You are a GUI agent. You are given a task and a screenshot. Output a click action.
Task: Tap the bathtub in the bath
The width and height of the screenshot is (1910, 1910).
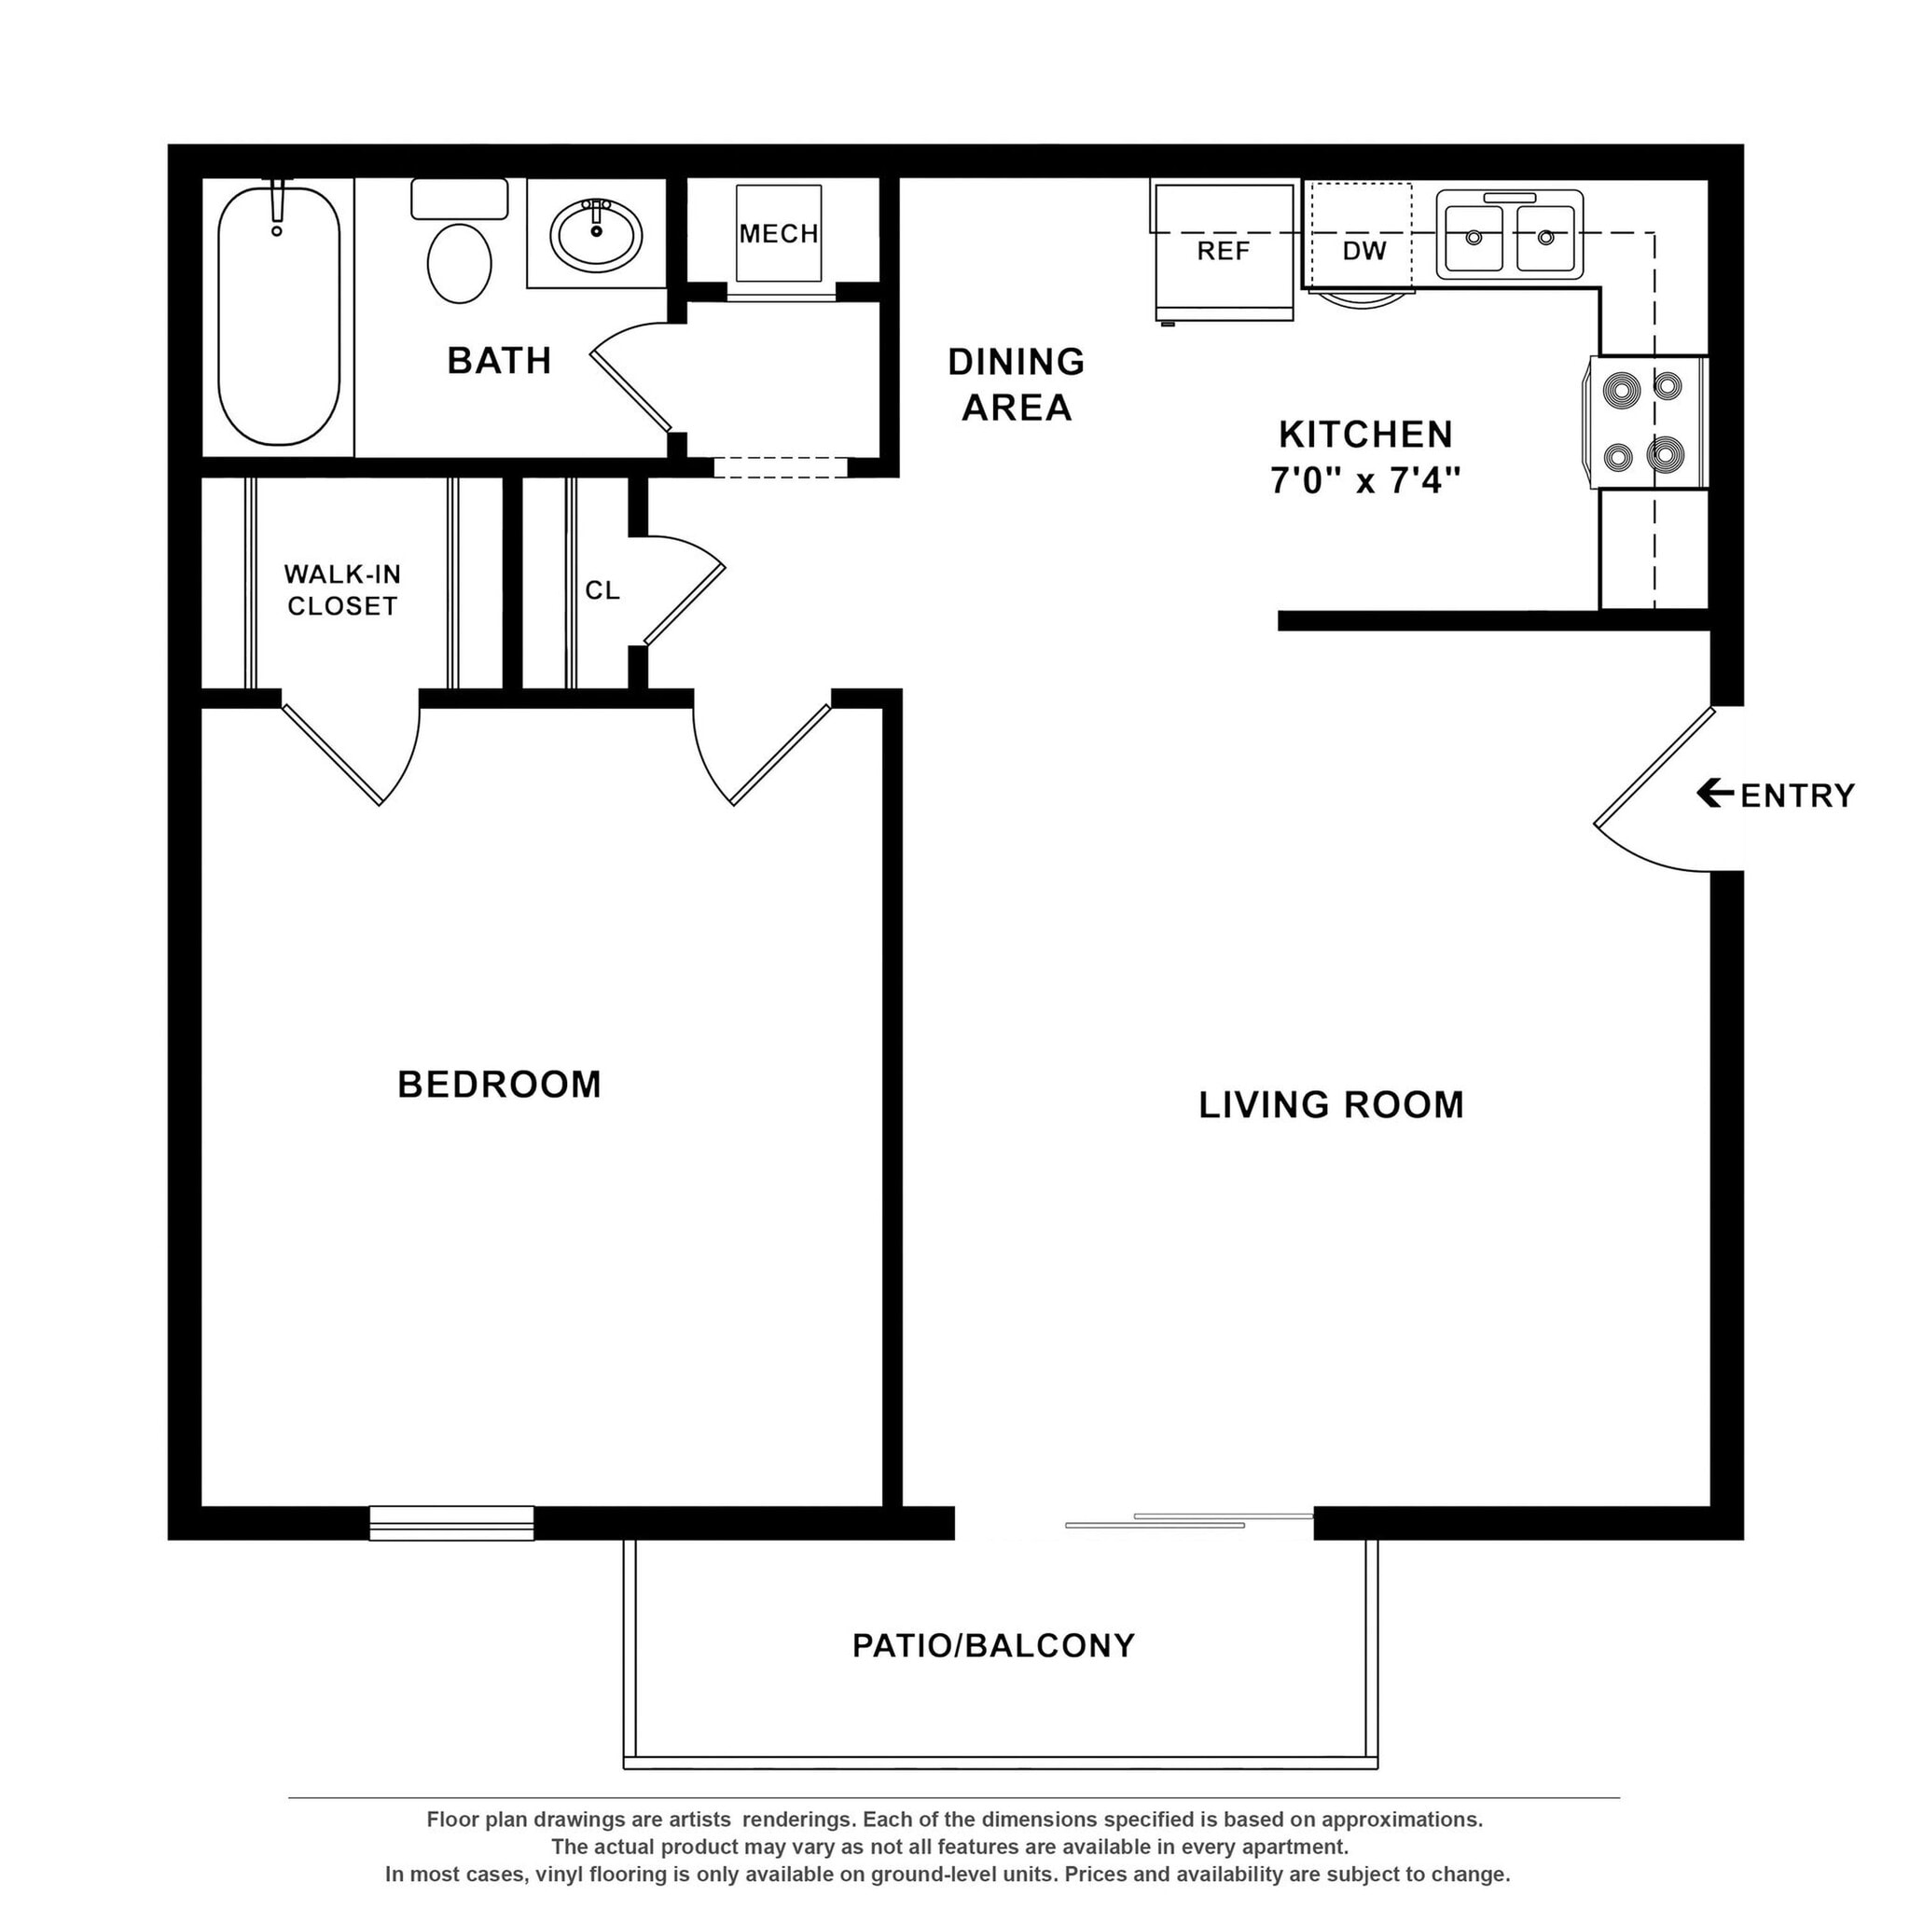(x=279, y=316)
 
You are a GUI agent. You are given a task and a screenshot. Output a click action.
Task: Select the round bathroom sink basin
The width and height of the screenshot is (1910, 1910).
(x=596, y=235)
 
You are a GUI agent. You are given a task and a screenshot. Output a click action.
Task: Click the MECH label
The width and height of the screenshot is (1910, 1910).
(x=779, y=234)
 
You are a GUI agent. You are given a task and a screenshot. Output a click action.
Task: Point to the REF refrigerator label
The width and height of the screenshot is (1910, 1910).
(x=1223, y=252)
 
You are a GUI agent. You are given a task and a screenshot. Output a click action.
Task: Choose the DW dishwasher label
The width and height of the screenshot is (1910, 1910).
(x=1364, y=252)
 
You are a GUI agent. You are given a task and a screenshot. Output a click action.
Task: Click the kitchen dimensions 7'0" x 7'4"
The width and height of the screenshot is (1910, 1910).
(x=1365, y=481)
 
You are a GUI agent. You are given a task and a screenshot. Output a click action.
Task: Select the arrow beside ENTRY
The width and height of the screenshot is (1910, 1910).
(x=1714, y=793)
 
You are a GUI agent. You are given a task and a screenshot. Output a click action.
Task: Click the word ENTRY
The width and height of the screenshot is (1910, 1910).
(x=1797, y=796)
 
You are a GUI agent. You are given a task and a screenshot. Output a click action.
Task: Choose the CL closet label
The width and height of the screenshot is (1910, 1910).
(x=602, y=591)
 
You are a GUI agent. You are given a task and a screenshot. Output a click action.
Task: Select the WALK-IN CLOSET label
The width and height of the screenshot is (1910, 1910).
(x=342, y=590)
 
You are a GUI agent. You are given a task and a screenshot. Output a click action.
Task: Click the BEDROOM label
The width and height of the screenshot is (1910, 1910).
(x=499, y=1086)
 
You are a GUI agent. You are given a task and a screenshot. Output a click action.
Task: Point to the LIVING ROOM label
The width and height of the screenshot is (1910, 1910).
(x=1331, y=1105)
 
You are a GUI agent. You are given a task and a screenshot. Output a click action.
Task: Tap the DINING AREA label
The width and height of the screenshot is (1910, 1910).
(x=1017, y=384)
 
